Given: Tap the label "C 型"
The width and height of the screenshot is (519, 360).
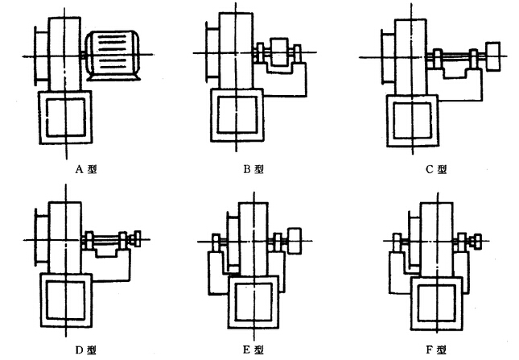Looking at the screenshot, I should tap(439, 169).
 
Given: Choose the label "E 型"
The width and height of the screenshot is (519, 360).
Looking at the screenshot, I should tap(256, 350).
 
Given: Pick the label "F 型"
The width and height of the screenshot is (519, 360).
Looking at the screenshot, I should tap(439, 350).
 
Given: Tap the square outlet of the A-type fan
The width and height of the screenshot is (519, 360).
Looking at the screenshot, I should tap(65, 115).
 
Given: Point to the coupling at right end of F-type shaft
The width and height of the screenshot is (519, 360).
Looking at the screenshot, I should tap(479, 239).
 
